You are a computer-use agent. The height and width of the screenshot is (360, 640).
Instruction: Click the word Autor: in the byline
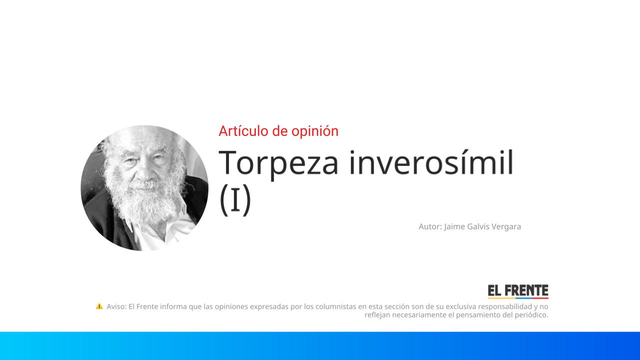click(430, 226)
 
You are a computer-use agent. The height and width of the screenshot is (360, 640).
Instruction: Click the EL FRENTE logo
click(518, 291)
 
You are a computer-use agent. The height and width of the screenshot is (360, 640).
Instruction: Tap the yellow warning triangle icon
click(99, 306)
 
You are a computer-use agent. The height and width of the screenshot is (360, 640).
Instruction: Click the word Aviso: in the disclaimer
click(116, 306)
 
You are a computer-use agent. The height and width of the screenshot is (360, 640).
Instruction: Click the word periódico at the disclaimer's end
click(531, 315)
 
